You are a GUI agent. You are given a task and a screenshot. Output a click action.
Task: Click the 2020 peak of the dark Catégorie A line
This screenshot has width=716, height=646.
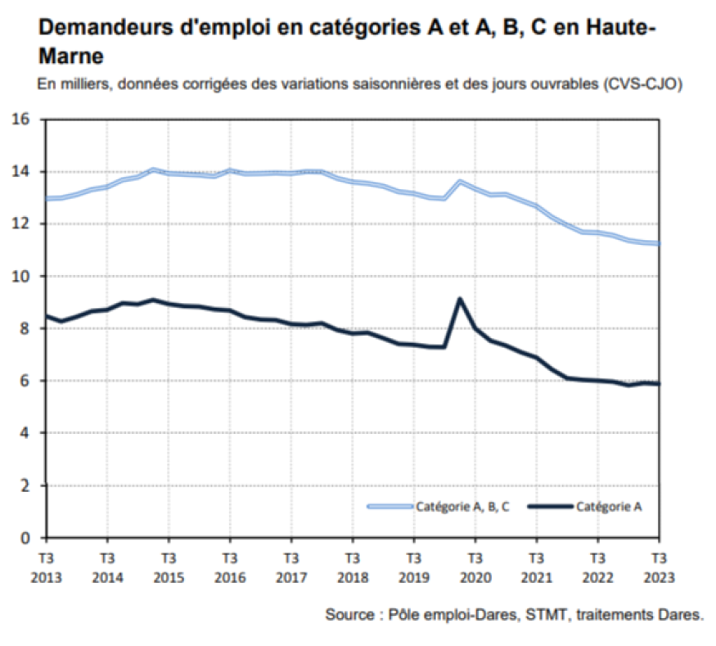click(x=460, y=299)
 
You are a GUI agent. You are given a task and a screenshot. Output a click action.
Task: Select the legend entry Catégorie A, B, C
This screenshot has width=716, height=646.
click(x=462, y=507)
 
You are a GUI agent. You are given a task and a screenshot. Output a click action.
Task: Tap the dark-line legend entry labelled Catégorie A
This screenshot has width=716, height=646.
click(x=609, y=507)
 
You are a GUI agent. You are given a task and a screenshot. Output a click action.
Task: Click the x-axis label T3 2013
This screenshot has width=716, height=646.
click(x=46, y=567)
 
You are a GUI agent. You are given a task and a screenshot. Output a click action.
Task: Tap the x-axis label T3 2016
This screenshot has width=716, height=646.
click(x=230, y=567)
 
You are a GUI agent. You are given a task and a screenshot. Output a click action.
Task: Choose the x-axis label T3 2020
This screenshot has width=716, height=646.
click(x=475, y=567)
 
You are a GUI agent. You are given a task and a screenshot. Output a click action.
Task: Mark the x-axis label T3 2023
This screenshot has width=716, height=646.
click(x=658, y=567)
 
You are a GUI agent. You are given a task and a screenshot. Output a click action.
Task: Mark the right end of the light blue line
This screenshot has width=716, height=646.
click(x=658, y=243)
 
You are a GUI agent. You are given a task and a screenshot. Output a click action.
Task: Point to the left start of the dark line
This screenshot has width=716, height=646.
click(x=47, y=315)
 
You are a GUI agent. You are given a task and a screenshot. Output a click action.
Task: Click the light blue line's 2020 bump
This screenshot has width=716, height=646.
click(x=461, y=181)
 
